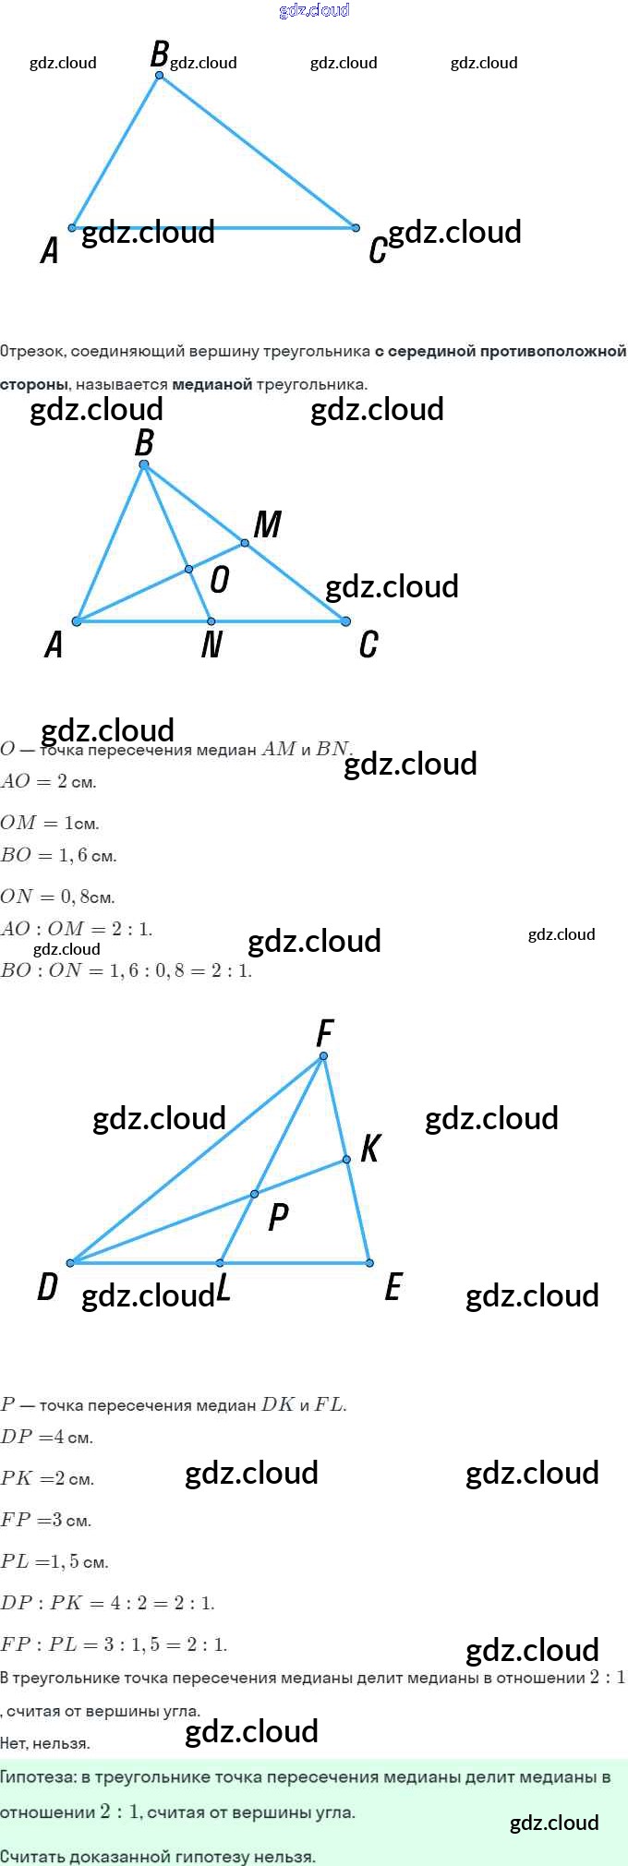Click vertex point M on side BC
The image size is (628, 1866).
pyautogui.click(x=245, y=543)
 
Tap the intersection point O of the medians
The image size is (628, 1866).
pyautogui.click(x=188, y=570)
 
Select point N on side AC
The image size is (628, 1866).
pyautogui.click(x=211, y=621)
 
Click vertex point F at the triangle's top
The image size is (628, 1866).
pyautogui.click(x=323, y=1056)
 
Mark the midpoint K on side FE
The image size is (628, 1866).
pyautogui.click(x=346, y=1160)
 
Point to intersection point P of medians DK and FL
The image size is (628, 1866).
pyautogui.click(x=255, y=1194)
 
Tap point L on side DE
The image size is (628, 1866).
pyautogui.click(x=220, y=1262)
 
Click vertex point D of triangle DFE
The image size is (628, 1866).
pyautogui.click(x=70, y=1262)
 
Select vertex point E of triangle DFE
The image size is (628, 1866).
pyautogui.click(x=369, y=1262)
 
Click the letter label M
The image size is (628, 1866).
pyautogui.click(x=267, y=524)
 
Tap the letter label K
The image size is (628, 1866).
pyautogui.click(x=369, y=1148)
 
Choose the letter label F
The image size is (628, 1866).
pyautogui.click(x=324, y=1032)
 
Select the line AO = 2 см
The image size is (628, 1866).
pyautogui.click(x=48, y=781)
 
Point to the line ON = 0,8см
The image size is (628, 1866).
pyautogui.click(x=57, y=896)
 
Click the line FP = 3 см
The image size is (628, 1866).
pyautogui.click(x=45, y=1520)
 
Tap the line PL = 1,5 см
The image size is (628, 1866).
pyautogui.click(x=54, y=1561)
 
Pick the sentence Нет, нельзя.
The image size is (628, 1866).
pyautogui.click(x=44, y=1743)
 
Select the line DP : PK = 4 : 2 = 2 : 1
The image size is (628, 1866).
pyautogui.click(x=107, y=1603)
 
